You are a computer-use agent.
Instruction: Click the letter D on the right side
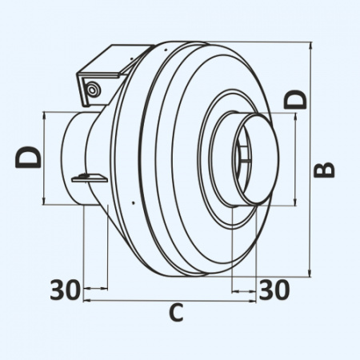(x=297, y=98)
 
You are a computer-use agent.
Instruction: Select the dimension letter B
(x=323, y=169)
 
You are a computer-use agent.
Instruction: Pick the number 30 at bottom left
(x=65, y=290)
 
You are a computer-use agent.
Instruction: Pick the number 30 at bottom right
(x=274, y=290)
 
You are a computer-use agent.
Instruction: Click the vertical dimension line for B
(x=309, y=160)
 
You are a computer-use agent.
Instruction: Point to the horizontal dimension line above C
(x=169, y=302)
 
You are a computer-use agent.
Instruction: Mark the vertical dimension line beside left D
(x=46, y=157)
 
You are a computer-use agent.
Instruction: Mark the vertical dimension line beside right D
(x=297, y=157)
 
